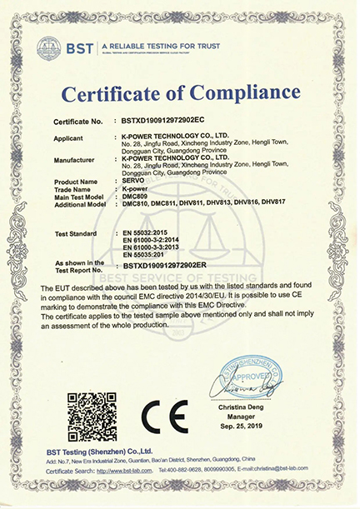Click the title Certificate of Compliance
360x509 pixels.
pos(180,88)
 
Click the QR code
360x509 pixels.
pos(91,414)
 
